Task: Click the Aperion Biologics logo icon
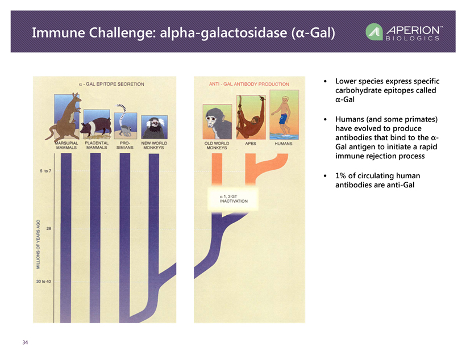[x=374, y=32]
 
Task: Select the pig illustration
[x=96, y=126]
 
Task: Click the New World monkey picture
[x=154, y=127]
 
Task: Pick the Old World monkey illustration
[x=217, y=122]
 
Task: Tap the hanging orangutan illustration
[x=251, y=117]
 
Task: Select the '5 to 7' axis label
[x=45, y=171]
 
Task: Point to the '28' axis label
[x=49, y=228]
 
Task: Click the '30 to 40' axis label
[x=43, y=281]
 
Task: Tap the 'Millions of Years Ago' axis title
[x=38, y=244]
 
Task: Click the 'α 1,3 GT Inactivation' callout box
[x=233, y=199]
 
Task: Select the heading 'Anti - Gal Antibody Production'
[x=249, y=84]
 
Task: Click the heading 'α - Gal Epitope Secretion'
[x=111, y=84]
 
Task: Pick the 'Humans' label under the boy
[x=284, y=144]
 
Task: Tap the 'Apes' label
[x=251, y=144]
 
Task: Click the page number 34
[x=25, y=342]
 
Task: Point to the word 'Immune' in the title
[x=59, y=33]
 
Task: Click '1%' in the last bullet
[x=342, y=175]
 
